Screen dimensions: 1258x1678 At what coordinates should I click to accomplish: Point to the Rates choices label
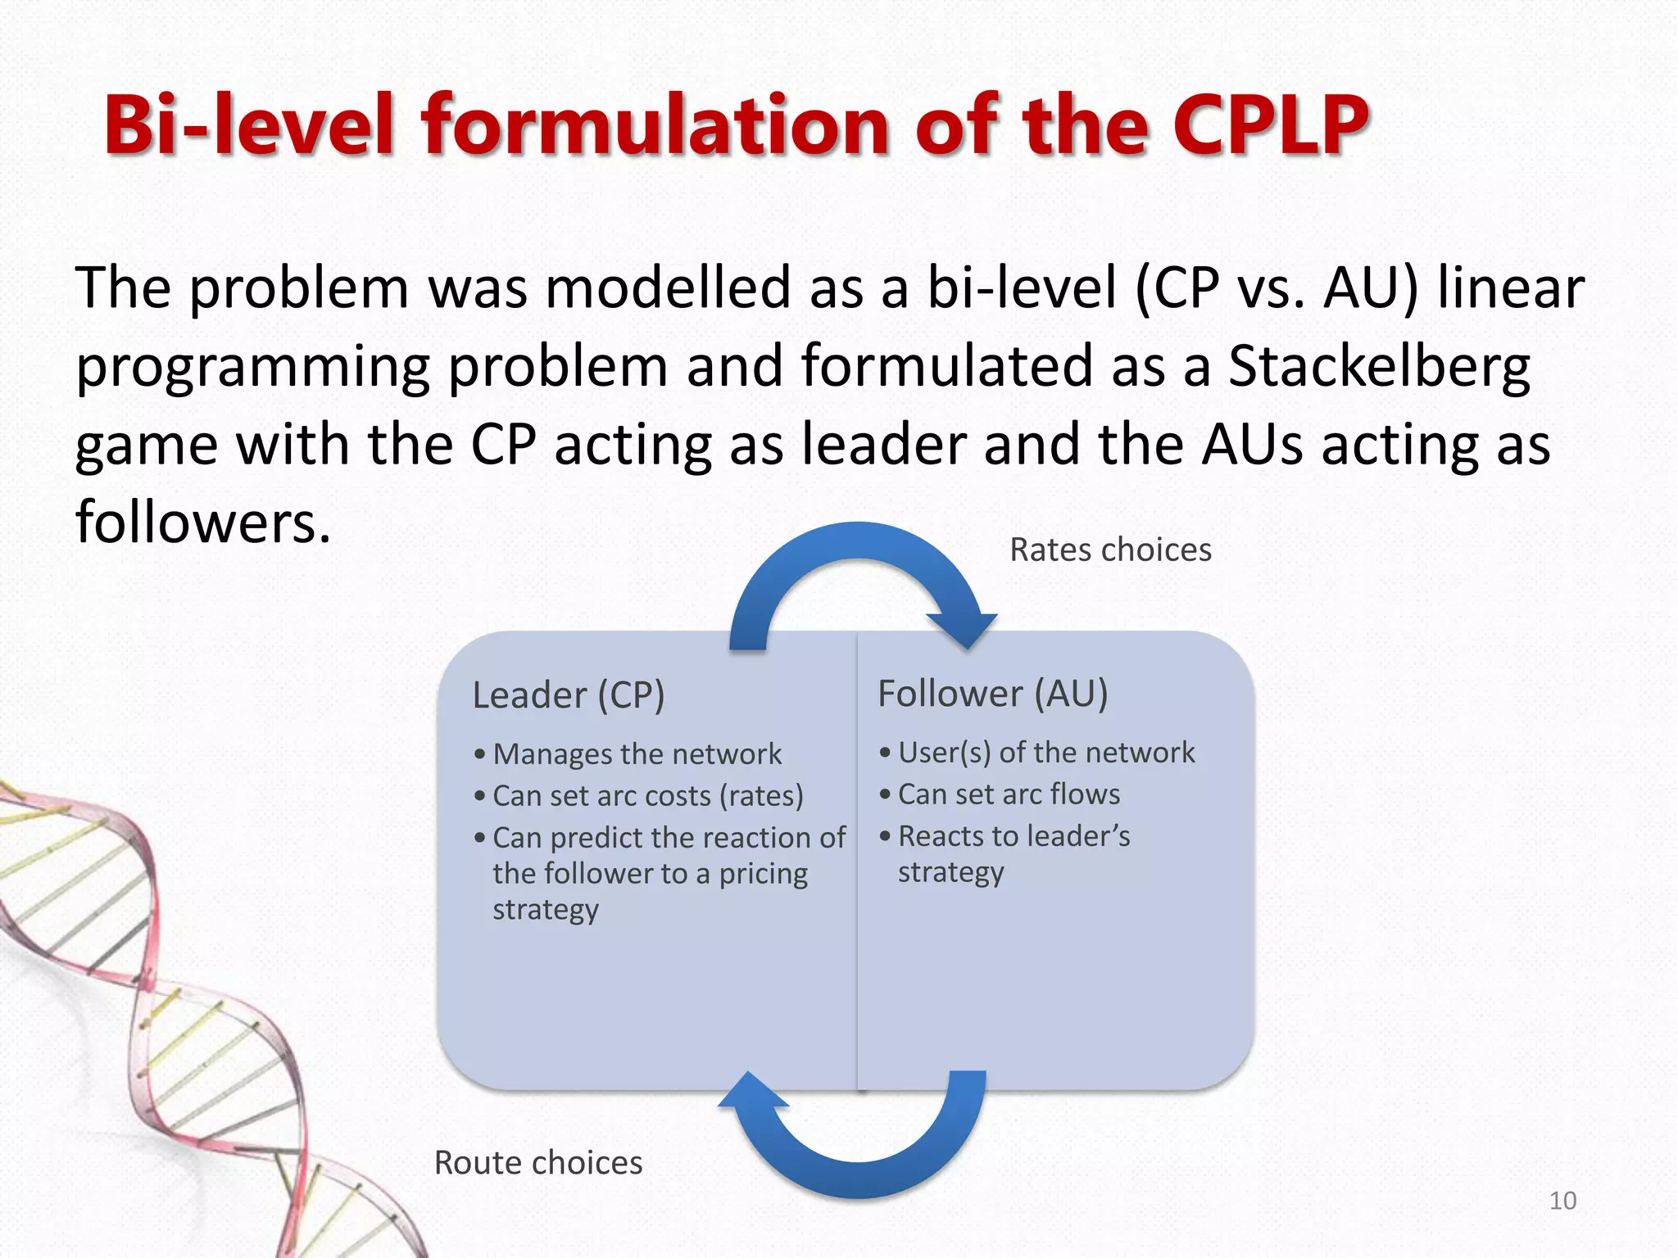[1110, 550]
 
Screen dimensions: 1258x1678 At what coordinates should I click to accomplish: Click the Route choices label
[538, 1162]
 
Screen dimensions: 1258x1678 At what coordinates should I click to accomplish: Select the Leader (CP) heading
[569, 695]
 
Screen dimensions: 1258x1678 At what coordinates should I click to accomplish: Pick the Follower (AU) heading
[992, 694]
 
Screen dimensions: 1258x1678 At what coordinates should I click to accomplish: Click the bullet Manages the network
[637, 753]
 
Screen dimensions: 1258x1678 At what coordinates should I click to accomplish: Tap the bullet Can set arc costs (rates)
[647, 795]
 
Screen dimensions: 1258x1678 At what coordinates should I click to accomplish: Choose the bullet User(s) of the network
[1045, 752]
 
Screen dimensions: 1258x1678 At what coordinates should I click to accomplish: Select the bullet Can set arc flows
[1009, 794]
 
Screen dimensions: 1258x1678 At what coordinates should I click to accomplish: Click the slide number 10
[1562, 1201]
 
